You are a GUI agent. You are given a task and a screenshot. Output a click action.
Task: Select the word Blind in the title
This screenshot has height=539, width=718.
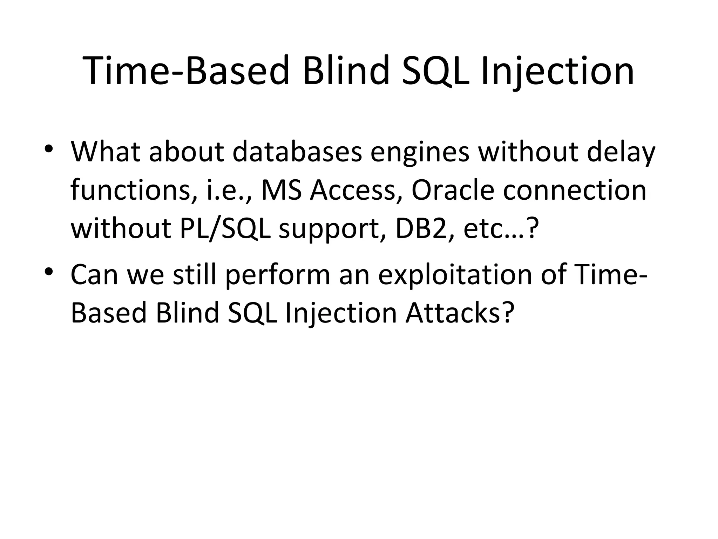pyautogui.click(x=346, y=71)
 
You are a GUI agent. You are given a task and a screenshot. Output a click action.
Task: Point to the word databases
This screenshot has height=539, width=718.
pyautogui.click(x=297, y=152)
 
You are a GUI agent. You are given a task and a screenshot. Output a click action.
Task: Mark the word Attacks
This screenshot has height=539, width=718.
pyautogui.click(x=459, y=313)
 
